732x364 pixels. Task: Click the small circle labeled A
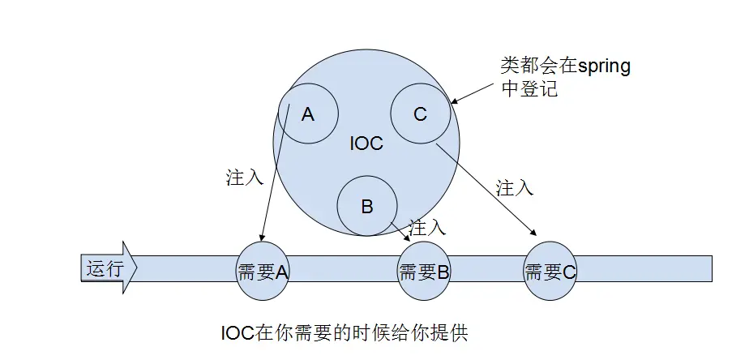point(308,114)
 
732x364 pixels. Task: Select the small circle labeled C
point(420,114)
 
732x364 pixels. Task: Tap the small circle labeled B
point(366,206)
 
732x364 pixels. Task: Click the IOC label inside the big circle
point(366,143)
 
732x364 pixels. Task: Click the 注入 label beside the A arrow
point(244,178)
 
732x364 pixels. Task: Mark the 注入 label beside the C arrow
point(514,188)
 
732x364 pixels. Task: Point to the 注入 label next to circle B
point(427,228)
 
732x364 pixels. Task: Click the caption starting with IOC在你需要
point(345,333)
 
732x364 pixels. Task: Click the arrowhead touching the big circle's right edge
point(455,102)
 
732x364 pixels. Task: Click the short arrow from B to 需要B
point(400,230)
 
